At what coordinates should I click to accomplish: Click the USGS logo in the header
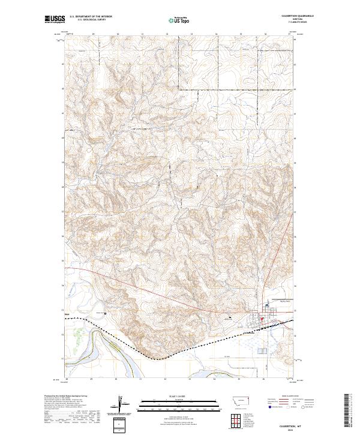tap(55, 20)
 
